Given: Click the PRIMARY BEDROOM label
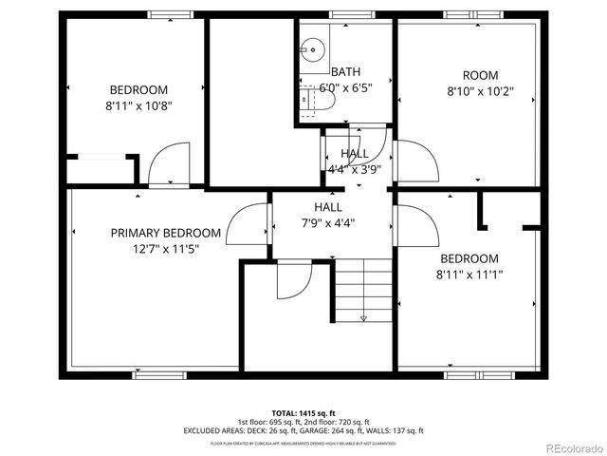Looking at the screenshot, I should click(x=166, y=233).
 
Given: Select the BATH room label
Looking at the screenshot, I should click(x=345, y=72).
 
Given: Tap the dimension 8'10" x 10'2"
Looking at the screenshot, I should click(x=479, y=92).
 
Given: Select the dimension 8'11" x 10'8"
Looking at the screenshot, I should click(x=138, y=106).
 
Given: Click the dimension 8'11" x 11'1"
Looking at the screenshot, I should click(x=469, y=275).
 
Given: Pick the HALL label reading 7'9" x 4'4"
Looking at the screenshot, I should click(x=328, y=215).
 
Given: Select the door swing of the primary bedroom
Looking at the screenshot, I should click(x=251, y=225).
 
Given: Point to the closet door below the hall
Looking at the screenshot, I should click(x=293, y=280).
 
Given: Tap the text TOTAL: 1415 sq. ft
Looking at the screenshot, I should click(x=303, y=413).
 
